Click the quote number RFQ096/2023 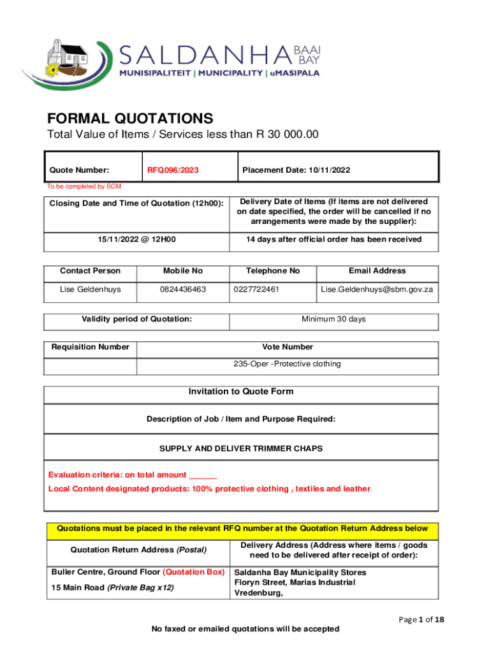point(173,170)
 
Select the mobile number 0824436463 point(183,290)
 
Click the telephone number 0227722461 point(256,290)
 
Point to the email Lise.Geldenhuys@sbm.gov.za point(377,290)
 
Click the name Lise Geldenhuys point(90,290)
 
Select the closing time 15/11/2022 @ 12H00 point(136,239)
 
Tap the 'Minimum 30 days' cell point(333,319)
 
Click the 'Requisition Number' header point(91,347)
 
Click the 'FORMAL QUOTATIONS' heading point(130,119)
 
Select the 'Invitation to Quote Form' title point(241,392)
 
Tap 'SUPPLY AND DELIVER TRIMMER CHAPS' point(241,448)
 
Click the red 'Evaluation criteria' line point(133,474)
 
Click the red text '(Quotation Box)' point(194,572)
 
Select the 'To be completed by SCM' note point(84,186)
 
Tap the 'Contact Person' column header point(90,271)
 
